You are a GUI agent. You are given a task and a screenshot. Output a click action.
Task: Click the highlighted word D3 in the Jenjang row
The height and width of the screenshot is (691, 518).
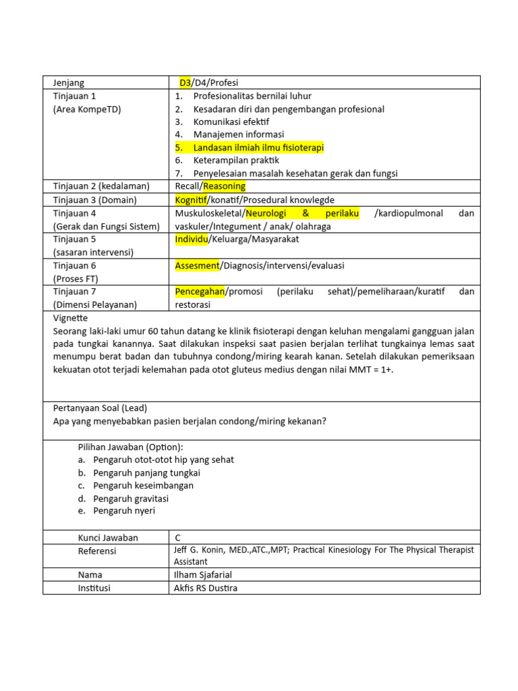(185, 83)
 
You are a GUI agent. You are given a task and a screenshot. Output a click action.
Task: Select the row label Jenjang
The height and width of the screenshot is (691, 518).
(69, 83)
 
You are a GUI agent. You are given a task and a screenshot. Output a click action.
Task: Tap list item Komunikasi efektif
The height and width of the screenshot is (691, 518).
(231, 121)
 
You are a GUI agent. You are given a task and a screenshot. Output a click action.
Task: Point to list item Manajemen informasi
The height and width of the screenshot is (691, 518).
(238, 134)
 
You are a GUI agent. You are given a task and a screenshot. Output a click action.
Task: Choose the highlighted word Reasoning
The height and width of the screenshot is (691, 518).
(225, 186)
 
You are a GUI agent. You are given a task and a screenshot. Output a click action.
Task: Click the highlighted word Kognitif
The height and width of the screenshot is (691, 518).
(191, 200)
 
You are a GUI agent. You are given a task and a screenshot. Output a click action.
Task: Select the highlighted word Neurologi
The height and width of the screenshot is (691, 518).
(269, 213)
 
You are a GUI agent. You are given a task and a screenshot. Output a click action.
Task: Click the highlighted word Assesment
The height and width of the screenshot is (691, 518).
(197, 265)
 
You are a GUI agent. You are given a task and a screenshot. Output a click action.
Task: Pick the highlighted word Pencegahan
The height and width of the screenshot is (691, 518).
(200, 292)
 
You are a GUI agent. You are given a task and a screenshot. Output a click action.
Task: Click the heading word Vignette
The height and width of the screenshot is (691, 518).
(70, 318)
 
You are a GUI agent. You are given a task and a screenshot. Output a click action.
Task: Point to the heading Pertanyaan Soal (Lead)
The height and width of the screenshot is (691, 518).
(100, 408)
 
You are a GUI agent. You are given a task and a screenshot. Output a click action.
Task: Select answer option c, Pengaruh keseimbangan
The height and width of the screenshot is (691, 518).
(143, 486)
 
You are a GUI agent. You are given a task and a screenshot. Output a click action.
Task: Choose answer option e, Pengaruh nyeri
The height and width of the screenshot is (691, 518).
(124, 512)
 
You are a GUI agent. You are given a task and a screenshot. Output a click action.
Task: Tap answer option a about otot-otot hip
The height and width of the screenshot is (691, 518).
(163, 460)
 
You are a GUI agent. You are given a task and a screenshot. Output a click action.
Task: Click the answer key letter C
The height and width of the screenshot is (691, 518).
(178, 538)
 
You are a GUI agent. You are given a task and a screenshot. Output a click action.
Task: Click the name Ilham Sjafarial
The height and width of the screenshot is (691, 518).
(202, 575)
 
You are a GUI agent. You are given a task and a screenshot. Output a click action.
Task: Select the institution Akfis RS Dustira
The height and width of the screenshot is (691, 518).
(206, 588)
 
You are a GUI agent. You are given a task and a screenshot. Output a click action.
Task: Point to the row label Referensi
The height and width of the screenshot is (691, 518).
(97, 551)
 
